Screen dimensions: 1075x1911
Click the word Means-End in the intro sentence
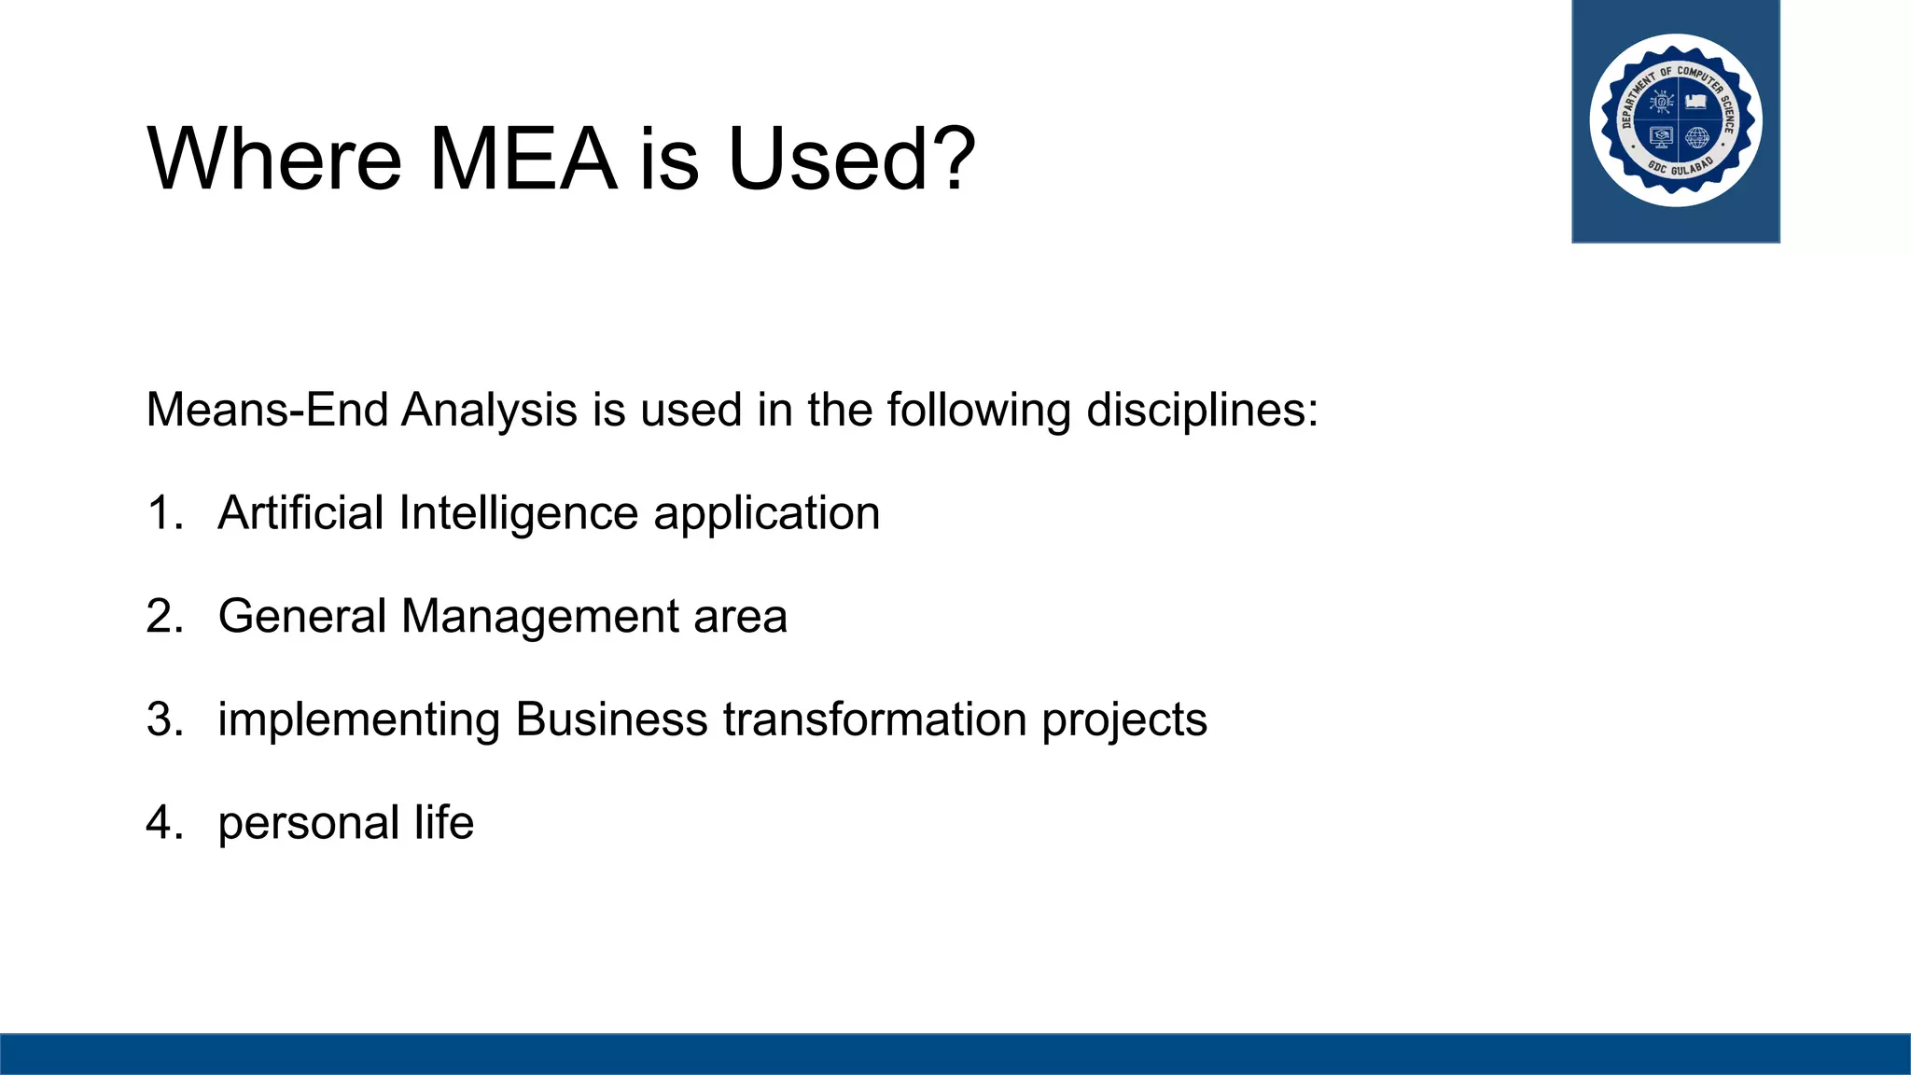pyautogui.click(x=267, y=410)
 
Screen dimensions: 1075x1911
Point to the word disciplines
pyautogui.click(x=1202, y=410)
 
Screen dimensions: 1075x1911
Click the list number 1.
pyautogui.click(x=164, y=513)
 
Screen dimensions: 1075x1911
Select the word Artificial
pyautogui.click(x=300, y=513)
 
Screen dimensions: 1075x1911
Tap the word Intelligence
pyautogui.click(x=518, y=513)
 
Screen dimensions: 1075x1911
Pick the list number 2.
pyautogui.click(x=164, y=617)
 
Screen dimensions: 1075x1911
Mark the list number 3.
pyautogui.click(x=164, y=719)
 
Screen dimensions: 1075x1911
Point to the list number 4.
pyautogui.click(x=164, y=823)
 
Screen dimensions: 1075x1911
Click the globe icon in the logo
pyautogui.click(x=1697, y=138)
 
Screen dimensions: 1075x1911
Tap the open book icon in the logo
pyautogui.click(x=1697, y=101)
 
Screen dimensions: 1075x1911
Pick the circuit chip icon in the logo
pyautogui.click(x=1661, y=101)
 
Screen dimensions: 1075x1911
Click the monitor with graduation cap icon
pyautogui.click(x=1661, y=138)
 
